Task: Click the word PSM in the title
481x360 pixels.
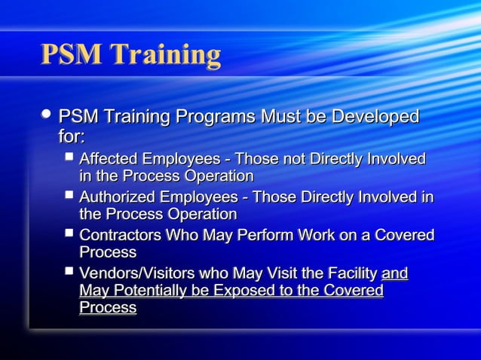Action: (x=71, y=54)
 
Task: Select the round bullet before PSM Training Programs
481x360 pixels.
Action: (x=47, y=114)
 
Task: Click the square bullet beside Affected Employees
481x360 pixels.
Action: (x=69, y=157)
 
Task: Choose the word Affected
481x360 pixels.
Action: (x=109, y=159)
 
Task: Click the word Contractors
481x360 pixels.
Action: (x=119, y=235)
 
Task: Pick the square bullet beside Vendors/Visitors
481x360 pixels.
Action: (x=69, y=270)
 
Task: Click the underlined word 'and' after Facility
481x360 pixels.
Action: (x=394, y=273)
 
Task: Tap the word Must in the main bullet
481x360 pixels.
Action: (x=280, y=117)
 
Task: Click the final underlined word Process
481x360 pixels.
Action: (x=108, y=308)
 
